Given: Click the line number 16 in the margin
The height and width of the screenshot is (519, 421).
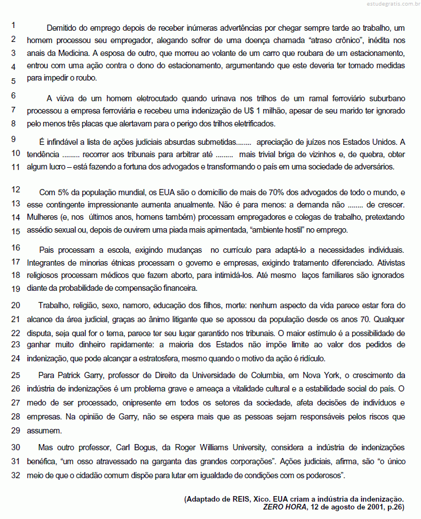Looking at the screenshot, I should (x=16, y=247).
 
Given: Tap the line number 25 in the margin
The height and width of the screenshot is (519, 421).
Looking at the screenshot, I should (x=16, y=374).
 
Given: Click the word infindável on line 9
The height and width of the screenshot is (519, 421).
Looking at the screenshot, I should (x=65, y=141).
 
